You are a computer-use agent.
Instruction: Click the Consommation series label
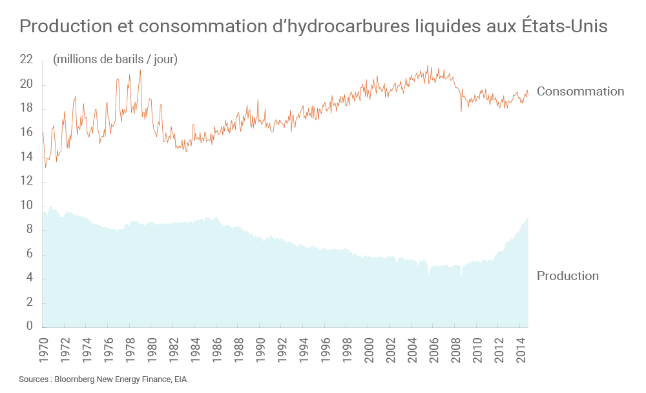[580, 92]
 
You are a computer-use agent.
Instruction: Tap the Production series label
[568, 276]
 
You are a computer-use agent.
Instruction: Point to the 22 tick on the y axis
[26, 59]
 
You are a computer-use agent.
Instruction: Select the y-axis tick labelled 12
[26, 181]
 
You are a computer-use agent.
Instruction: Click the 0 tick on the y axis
[29, 327]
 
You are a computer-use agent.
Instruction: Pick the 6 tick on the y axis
[29, 254]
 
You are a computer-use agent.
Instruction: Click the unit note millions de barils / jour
[116, 59]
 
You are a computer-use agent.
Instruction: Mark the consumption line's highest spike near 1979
[140, 70]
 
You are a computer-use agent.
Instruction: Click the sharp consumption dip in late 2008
[461, 111]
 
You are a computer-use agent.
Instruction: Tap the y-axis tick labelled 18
[26, 108]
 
